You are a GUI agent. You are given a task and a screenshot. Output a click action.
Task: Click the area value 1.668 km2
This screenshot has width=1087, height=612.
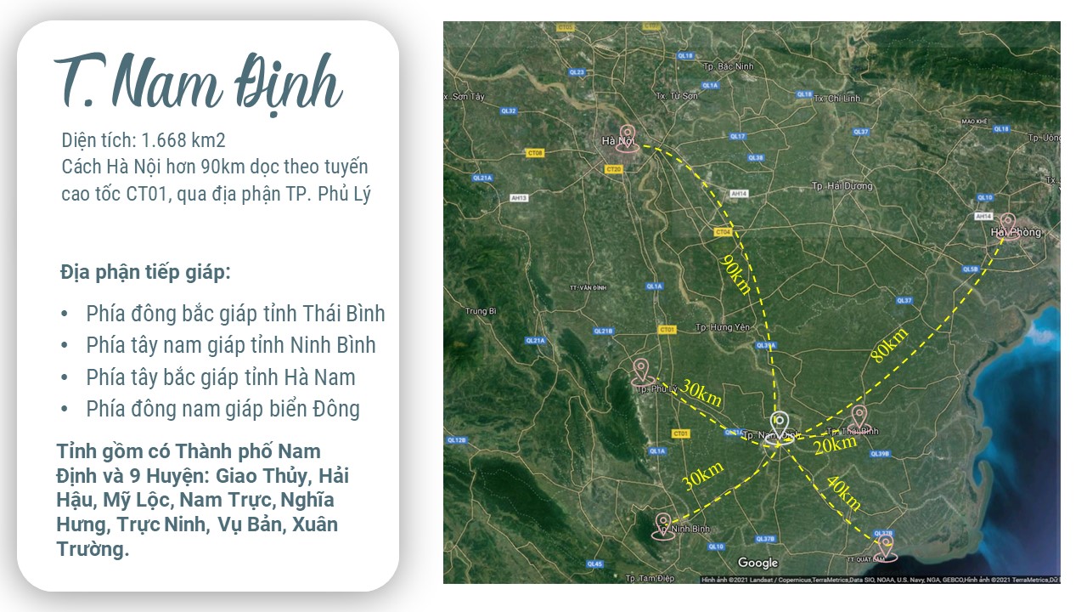183,139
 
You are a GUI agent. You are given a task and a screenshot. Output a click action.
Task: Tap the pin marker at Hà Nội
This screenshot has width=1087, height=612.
628,138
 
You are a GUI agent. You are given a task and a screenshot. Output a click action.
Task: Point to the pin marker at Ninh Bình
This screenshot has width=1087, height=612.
662,525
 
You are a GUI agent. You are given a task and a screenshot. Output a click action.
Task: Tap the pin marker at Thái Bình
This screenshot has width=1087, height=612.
859,416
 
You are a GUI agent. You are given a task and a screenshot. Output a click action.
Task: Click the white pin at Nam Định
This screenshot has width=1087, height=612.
780,422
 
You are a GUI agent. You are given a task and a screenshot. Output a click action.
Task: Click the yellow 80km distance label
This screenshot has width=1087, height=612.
889,345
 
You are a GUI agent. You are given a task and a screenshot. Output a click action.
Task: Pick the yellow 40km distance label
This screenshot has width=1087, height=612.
843,494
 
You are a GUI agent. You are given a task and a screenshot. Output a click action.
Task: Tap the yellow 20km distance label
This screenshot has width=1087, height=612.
835,445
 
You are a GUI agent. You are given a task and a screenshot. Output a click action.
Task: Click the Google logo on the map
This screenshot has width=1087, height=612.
758,563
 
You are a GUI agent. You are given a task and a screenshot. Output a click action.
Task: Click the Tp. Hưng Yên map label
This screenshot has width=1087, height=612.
724,327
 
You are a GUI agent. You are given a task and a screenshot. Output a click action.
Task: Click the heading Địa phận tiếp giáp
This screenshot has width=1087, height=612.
145,273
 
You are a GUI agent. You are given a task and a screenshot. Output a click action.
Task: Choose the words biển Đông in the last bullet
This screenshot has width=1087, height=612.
317,409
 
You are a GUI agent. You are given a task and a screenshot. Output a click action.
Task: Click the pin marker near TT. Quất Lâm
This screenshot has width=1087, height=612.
886,547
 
